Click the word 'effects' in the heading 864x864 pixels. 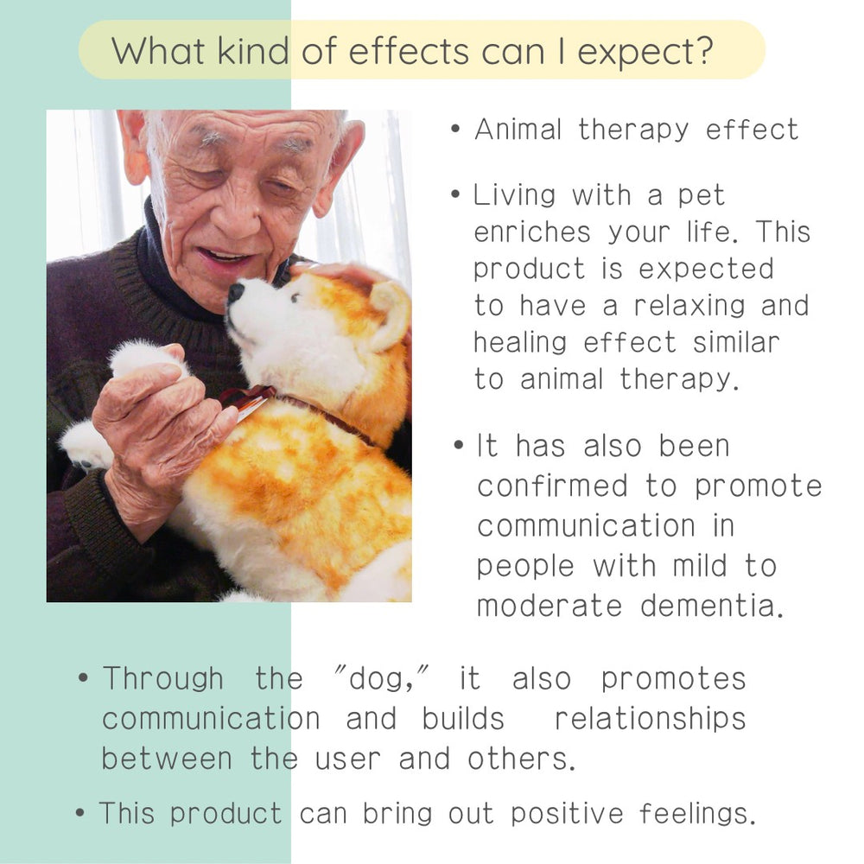(x=409, y=51)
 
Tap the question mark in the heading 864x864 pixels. (x=702, y=51)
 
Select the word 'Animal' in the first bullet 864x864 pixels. (x=518, y=130)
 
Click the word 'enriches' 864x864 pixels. (x=532, y=232)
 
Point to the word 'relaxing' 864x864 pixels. (x=689, y=305)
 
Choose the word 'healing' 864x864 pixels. (x=519, y=343)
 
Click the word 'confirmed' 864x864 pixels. (x=552, y=486)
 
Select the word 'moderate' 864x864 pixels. (x=550, y=606)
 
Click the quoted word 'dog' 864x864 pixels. (x=381, y=679)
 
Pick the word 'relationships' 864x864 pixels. (x=651, y=719)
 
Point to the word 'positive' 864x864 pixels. (x=567, y=813)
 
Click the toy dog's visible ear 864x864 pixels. (x=389, y=314)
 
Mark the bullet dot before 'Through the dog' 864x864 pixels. (x=83, y=677)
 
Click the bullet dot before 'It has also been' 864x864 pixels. (x=459, y=445)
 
